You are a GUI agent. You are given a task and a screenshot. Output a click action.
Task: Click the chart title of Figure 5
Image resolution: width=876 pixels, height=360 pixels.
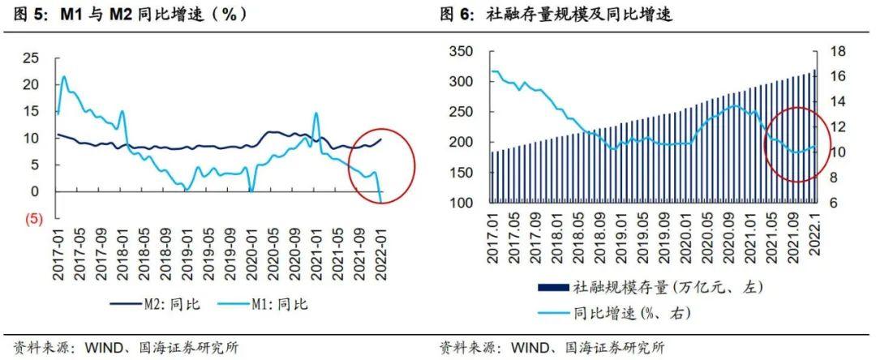click(130, 14)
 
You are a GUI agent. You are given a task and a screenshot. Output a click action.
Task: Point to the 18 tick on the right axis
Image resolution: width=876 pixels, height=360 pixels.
click(835, 51)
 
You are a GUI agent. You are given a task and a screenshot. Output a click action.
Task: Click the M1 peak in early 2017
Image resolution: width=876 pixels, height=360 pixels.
click(64, 77)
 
